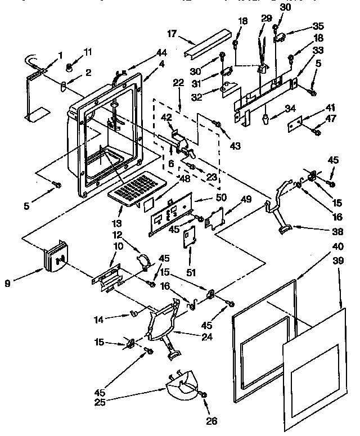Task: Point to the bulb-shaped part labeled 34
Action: [x=264, y=120]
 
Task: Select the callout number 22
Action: [x=178, y=82]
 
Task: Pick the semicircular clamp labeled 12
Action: [x=145, y=259]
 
